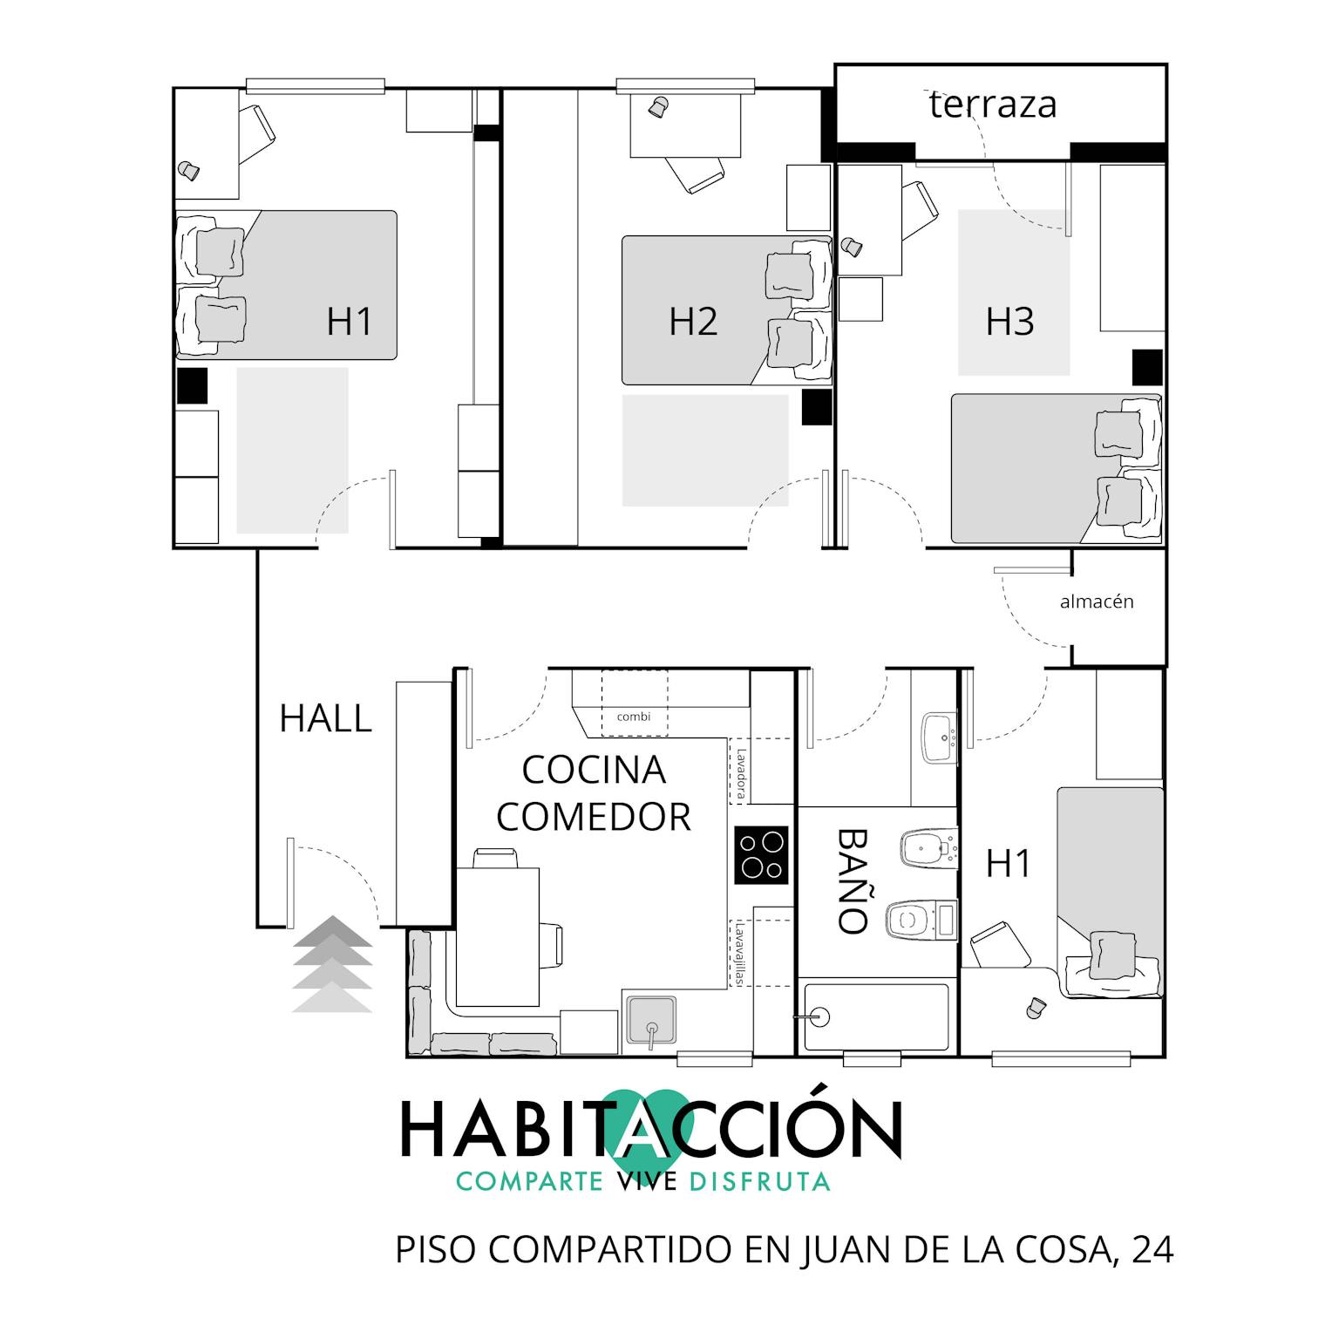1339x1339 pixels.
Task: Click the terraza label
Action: tap(993, 105)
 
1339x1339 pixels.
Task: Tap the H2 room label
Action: tap(693, 321)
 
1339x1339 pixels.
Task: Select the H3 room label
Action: tap(1009, 321)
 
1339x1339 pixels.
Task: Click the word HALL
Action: tap(325, 718)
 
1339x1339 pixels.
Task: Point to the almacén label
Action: tap(1097, 602)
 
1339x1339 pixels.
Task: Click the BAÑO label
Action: tap(853, 880)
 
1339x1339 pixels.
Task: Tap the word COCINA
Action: tap(594, 770)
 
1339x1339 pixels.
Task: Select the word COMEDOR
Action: tap(593, 817)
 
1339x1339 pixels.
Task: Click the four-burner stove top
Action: tap(761, 855)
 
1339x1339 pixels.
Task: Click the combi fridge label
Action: tap(634, 717)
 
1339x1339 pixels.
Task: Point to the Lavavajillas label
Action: tap(739, 955)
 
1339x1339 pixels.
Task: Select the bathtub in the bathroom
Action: tap(876, 1017)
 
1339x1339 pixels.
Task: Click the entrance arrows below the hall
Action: tap(332, 964)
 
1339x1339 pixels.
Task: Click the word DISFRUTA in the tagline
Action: tap(758, 1181)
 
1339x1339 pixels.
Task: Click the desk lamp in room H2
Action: tap(656, 107)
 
